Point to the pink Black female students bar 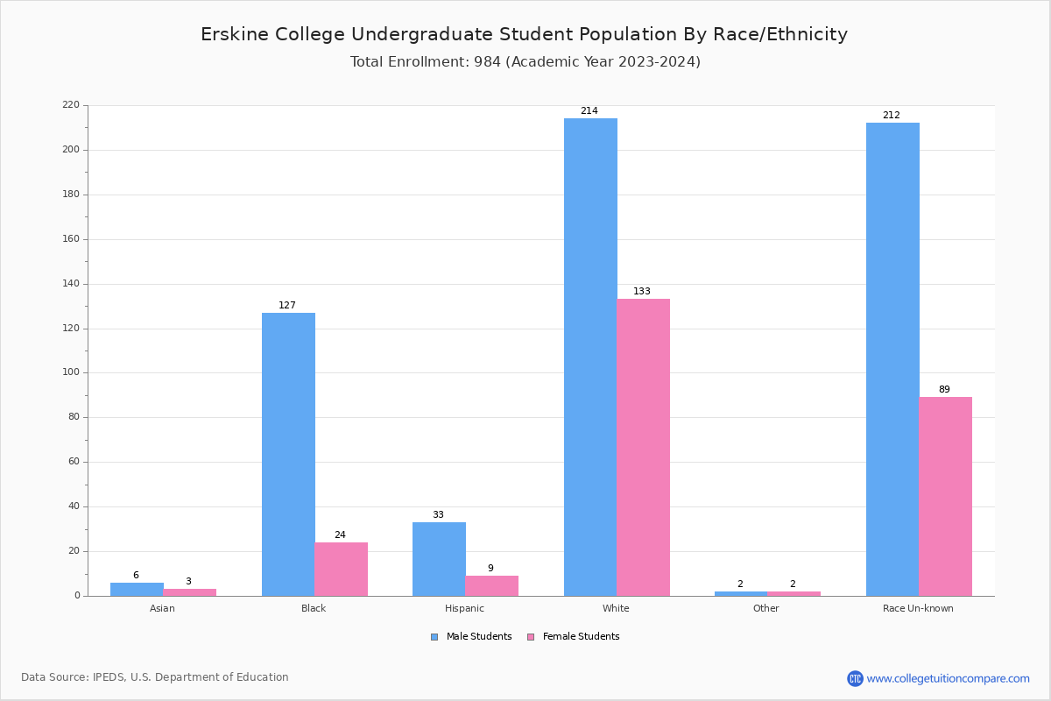(x=341, y=569)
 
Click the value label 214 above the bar (x=589, y=111)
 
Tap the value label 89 (x=944, y=390)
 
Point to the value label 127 (x=287, y=306)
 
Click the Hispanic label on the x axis (x=464, y=608)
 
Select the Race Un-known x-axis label (x=918, y=608)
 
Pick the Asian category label (x=162, y=608)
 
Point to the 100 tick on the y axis (x=71, y=372)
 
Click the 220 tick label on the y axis (x=71, y=105)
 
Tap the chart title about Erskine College (x=524, y=34)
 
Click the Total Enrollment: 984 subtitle (x=525, y=62)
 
